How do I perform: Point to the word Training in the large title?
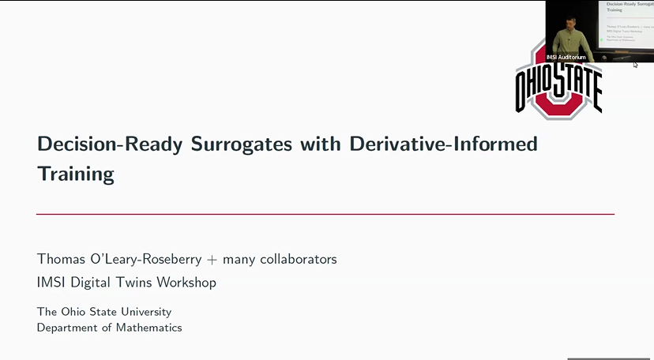tap(75, 174)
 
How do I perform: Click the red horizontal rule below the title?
tap(325, 214)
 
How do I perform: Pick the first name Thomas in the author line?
tap(62, 259)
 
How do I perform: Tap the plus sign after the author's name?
tap(212, 260)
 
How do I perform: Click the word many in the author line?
tap(238, 260)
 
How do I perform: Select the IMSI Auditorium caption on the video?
tap(566, 57)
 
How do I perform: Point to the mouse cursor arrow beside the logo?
tap(635, 64)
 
